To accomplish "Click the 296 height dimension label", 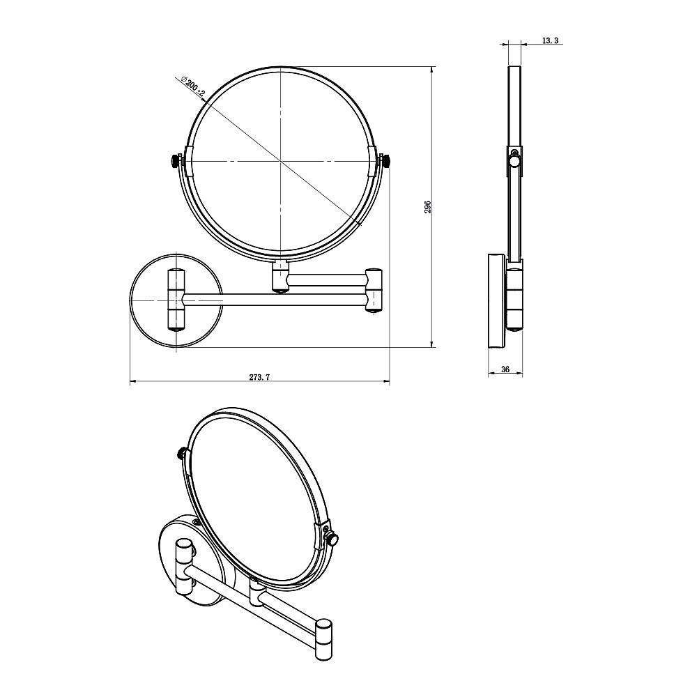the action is click(x=428, y=207).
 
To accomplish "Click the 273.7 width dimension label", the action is click(x=259, y=377).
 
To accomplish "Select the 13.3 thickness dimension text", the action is click(x=549, y=40).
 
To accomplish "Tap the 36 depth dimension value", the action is click(x=505, y=369).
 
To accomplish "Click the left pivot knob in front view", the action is click(x=176, y=160).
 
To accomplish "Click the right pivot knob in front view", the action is click(x=385, y=160).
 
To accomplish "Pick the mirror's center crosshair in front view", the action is click(x=280, y=160).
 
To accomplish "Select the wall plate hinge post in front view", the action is click(x=176, y=300).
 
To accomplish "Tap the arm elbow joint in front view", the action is click(x=373, y=289).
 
